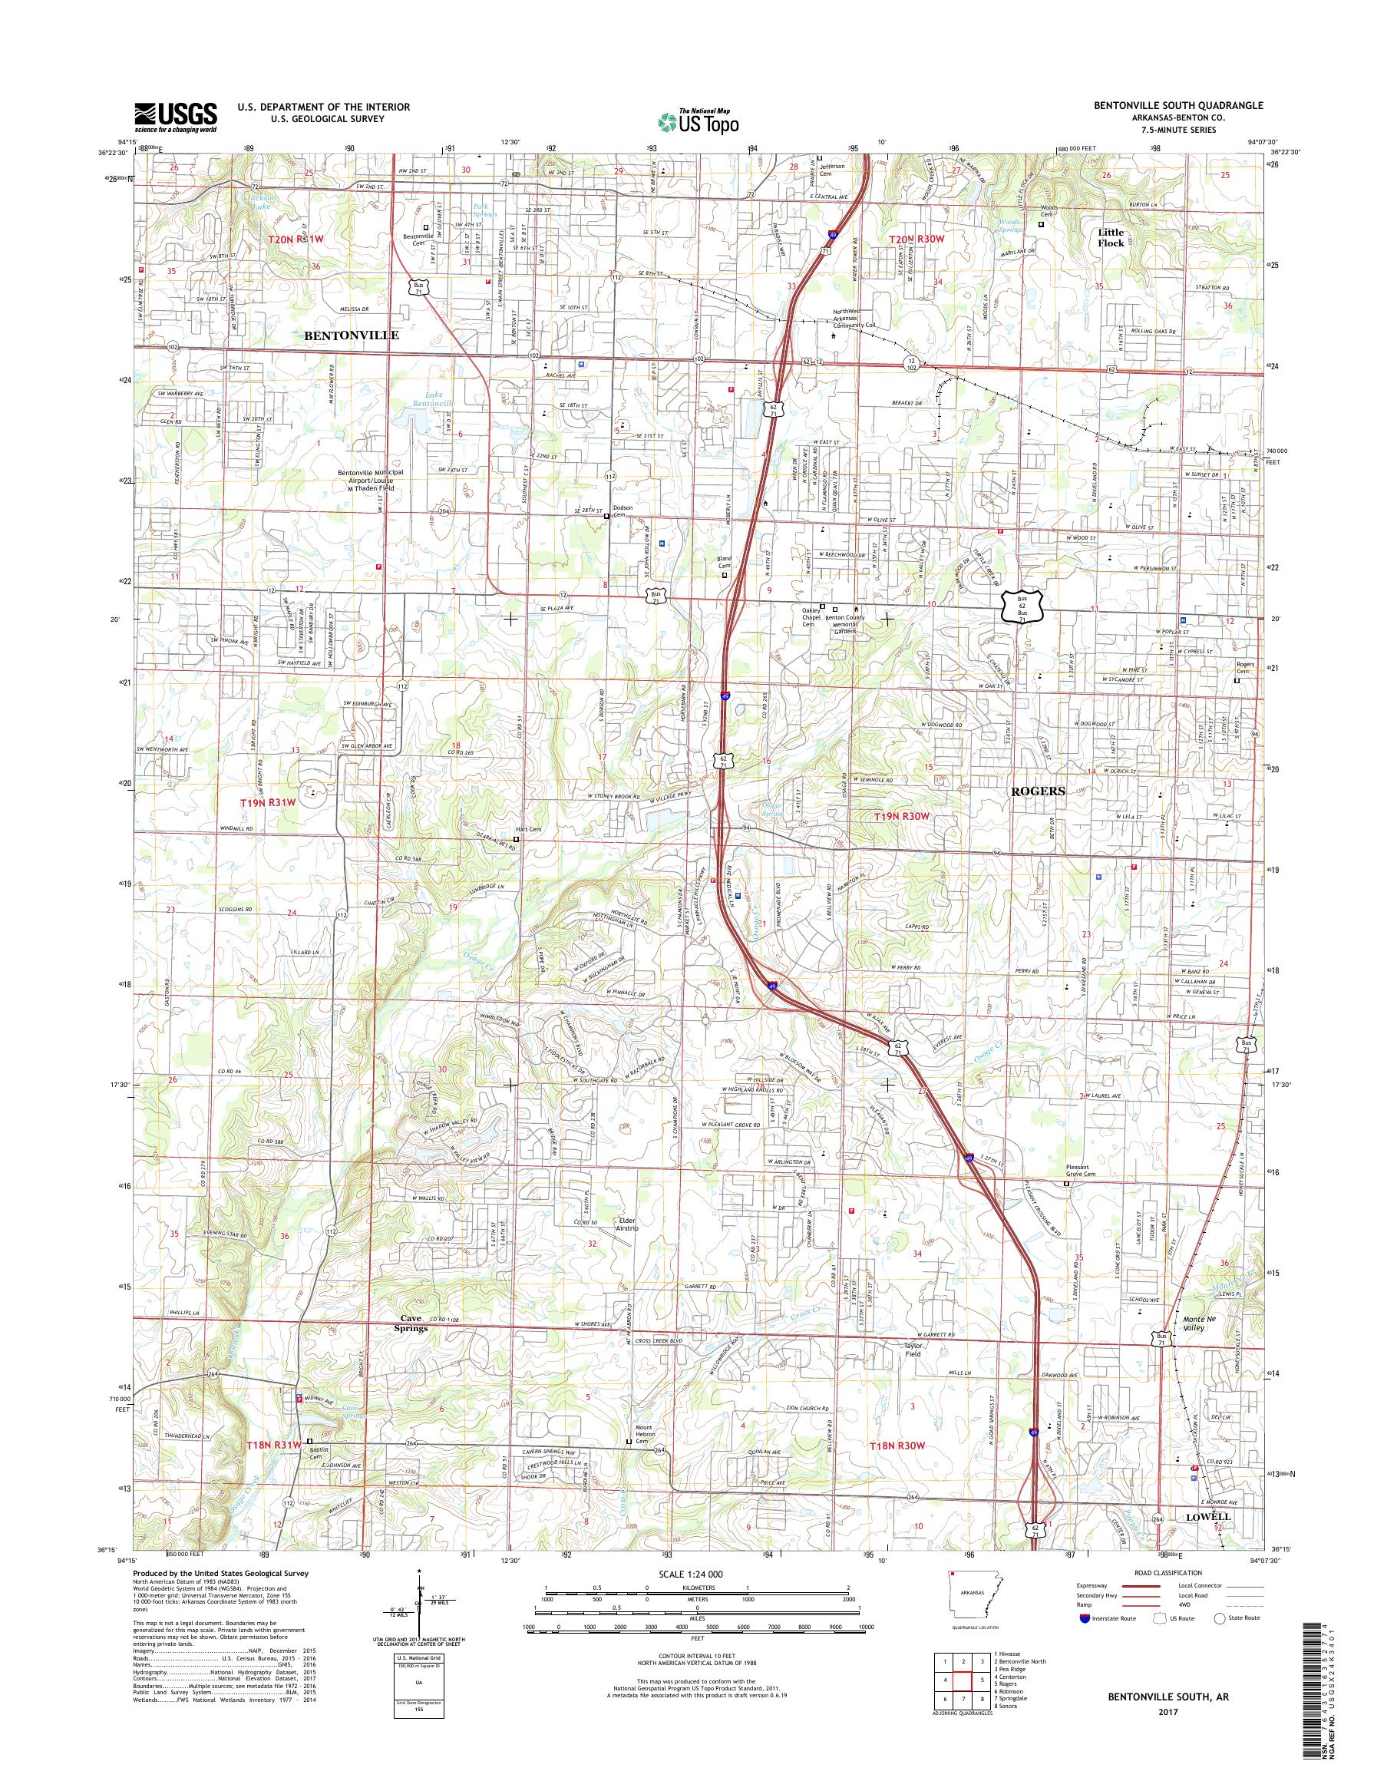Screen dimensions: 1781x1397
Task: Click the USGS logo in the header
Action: [175, 117]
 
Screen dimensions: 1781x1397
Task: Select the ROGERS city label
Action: [1038, 791]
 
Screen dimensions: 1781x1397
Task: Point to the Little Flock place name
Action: [1111, 237]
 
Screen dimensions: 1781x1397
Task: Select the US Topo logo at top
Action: [698, 122]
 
